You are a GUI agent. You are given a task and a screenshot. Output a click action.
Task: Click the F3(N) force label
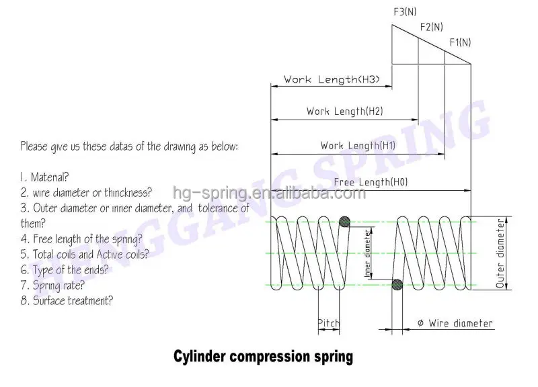pos(403,11)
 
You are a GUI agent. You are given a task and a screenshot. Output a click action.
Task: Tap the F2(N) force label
pos(431,27)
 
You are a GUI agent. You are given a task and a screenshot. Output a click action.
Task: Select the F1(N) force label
pos(460,43)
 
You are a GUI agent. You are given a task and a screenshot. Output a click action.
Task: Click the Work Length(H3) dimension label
pos(332,79)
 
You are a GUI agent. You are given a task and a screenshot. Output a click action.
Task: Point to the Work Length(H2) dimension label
pos(345,111)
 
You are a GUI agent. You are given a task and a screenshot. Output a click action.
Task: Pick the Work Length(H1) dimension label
pos(358,145)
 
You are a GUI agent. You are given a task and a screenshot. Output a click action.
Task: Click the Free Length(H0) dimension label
pos(371,181)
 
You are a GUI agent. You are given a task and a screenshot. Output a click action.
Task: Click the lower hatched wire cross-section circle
pos(397,285)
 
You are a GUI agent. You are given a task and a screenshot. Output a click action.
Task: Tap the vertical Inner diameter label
pos(368,253)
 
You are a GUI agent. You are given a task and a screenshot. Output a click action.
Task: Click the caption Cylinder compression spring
pos(263,356)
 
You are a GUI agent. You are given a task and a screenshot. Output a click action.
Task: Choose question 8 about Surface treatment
pos(66,301)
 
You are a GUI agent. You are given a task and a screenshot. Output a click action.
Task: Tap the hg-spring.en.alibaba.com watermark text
pos(269,194)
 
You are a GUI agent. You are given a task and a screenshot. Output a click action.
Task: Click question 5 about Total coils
pos(84,255)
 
